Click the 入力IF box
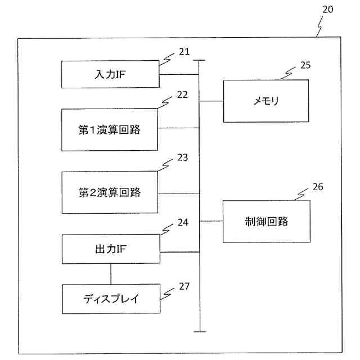tap(110, 74)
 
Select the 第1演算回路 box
tap(110, 130)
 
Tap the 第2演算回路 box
tap(110, 192)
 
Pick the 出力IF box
tap(110, 249)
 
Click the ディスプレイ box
tap(110, 299)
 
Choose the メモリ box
tap(266, 101)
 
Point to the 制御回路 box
tap(266, 221)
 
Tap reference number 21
tap(184, 52)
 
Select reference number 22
tap(182, 94)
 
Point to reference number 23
tap(182, 157)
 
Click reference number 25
tap(305, 65)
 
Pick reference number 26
tap(318, 187)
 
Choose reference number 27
tap(184, 286)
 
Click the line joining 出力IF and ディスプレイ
tap(110, 274)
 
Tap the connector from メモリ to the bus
tap(211, 101)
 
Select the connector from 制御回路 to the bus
tap(211, 220)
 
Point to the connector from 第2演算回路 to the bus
tap(179, 193)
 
